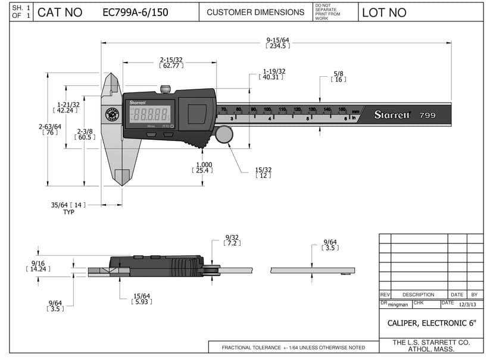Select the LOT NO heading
[384, 12]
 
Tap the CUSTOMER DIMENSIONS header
[255, 12]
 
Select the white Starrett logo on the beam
[392, 115]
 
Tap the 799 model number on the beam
[427, 115]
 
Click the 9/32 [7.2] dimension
[232, 240]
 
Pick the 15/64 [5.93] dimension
[142, 299]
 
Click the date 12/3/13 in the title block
[467, 305]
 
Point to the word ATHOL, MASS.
[431, 349]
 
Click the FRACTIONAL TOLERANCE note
[293, 348]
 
